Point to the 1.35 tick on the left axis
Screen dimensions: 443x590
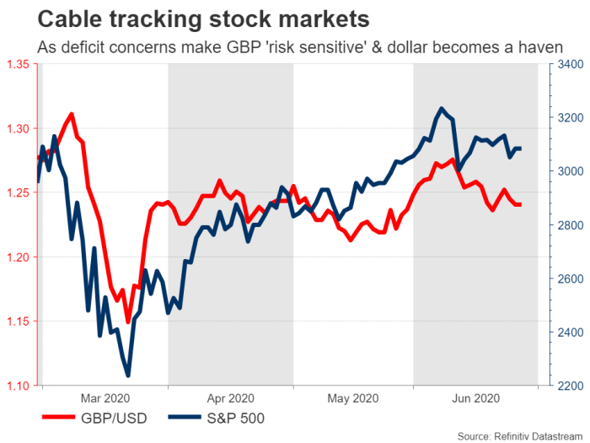19,64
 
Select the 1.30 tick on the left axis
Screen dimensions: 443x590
19,128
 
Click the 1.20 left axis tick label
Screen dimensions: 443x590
19,257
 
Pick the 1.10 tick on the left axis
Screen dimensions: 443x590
19,386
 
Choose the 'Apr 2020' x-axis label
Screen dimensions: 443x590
230,397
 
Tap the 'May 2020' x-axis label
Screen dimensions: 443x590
352,397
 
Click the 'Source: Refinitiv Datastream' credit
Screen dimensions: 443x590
519,435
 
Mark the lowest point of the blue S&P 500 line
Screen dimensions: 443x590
128,375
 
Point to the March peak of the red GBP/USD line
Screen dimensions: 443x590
72,113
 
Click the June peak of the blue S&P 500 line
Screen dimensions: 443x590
441,108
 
